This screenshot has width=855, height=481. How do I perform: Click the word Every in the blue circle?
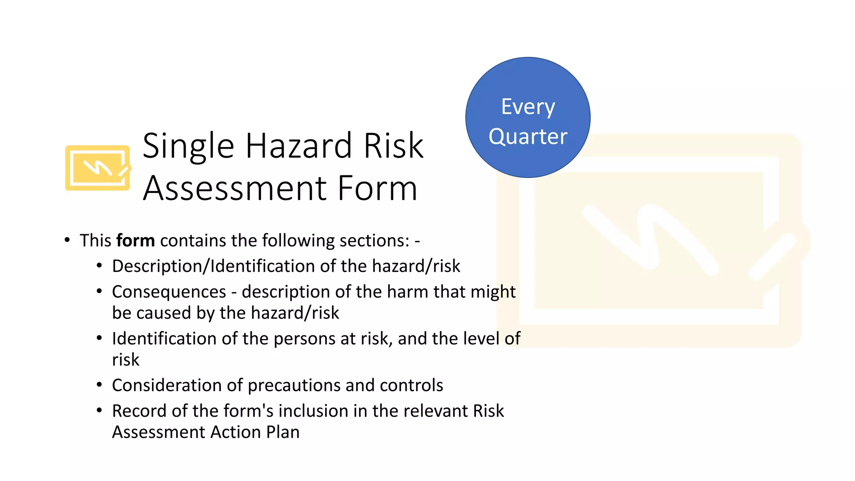click(x=528, y=107)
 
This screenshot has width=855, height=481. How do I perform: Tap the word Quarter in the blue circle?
click(x=528, y=137)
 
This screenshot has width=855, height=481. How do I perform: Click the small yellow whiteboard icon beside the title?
click(x=98, y=168)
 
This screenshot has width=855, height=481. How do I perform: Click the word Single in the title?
click(x=188, y=146)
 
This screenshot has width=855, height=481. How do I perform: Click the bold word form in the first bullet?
click(x=135, y=241)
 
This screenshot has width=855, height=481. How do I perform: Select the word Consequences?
click(x=169, y=292)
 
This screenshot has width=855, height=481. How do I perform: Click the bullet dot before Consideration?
click(x=99, y=385)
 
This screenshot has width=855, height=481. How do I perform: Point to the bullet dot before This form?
click(x=67, y=240)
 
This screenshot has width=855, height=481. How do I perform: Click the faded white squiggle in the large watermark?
click(x=651, y=238)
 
